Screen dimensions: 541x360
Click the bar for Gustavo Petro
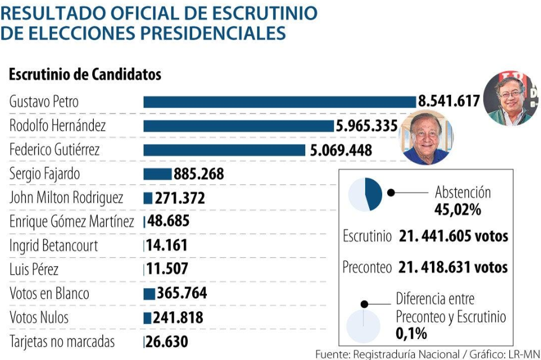click(x=280, y=102)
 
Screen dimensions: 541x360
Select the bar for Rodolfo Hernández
click(x=239, y=126)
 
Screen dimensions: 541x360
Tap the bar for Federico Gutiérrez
click(x=224, y=150)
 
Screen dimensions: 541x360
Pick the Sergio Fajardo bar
click(x=157, y=174)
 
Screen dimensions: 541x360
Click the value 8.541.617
click(x=449, y=101)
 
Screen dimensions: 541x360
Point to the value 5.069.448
click(x=341, y=150)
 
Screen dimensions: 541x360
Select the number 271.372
click(x=180, y=198)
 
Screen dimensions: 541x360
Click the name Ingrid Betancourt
click(x=54, y=246)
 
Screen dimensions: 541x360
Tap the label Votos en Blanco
click(x=49, y=293)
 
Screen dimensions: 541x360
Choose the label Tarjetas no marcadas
click(x=62, y=341)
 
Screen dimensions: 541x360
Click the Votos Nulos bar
click(x=148, y=318)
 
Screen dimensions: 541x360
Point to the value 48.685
click(x=168, y=221)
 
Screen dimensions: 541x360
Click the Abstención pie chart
click(x=365, y=194)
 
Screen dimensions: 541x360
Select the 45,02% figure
click(x=457, y=209)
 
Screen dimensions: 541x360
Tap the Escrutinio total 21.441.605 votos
click(x=453, y=236)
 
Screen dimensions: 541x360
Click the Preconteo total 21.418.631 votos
click(x=453, y=267)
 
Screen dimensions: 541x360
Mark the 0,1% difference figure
click(x=412, y=333)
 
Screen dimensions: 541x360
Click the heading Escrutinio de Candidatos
click(x=85, y=75)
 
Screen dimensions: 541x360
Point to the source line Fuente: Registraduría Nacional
click(x=387, y=354)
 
